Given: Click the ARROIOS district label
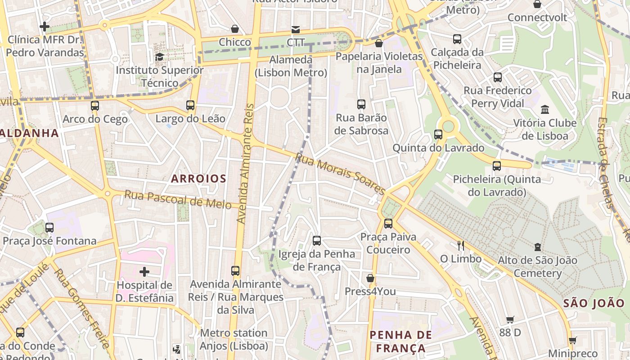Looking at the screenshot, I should coord(198,179).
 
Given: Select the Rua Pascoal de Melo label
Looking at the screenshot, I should coord(178,199).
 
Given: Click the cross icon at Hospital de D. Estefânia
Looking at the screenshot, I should coord(144,272).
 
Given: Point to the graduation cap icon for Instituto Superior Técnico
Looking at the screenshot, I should coord(159,57).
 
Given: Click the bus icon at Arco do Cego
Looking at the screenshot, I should coord(95,106).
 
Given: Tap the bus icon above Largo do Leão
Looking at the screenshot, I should coord(190,105).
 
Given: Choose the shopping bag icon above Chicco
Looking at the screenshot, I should coord(235,29).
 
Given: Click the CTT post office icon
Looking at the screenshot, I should coord(296,29).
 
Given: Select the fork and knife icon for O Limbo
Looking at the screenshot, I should coord(460,245).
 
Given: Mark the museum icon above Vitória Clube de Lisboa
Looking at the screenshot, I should coord(545,109).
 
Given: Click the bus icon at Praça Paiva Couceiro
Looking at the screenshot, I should coord(388,223).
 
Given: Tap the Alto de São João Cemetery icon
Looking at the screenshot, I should coord(537,247).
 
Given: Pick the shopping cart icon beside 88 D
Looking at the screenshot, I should coord(510,319).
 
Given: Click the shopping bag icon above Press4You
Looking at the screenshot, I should coord(370,278).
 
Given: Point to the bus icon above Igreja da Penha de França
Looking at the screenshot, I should coord(317,240).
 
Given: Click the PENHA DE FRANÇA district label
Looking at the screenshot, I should coord(400,342).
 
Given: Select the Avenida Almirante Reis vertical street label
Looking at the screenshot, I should coord(245,164).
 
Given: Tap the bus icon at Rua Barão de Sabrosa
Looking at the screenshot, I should coord(361,104).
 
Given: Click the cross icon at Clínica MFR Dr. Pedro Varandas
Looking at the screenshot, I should coord(45,27).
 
